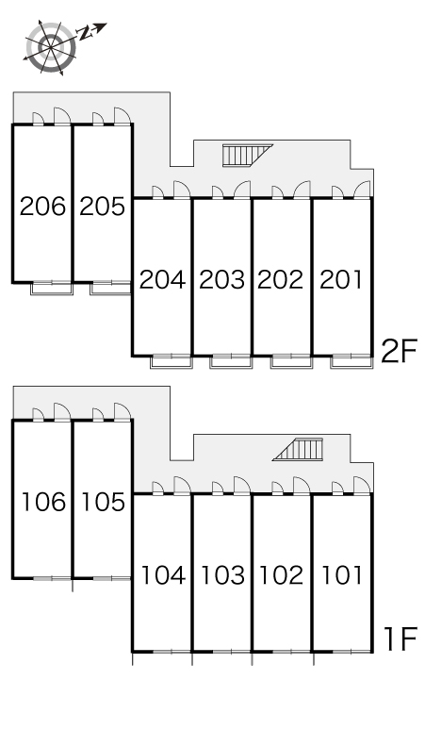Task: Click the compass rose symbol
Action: [x=50, y=46]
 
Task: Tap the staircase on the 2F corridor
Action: [x=247, y=155]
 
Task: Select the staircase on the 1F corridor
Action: [x=298, y=449]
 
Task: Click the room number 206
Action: [x=42, y=207]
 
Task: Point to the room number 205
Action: [x=103, y=207]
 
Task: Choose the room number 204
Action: [x=162, y=280]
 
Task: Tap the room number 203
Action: [x=221, y=280]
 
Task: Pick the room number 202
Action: [x=281, y=280]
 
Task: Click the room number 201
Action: [x=341, y=280]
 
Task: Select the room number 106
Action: [x=43, y=502]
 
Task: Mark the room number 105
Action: [x=104, y=502]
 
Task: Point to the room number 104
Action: [x=163, y=575]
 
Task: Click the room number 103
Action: [x=222, y=575]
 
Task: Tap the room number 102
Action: [x=282, y=575]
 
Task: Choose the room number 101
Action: [x=342, y=575]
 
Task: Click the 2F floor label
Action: [x=399, y=351]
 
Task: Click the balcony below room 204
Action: [x=171, y=362]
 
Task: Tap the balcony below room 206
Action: [x=52, y=289]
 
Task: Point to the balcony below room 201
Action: [x=351, y=362]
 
